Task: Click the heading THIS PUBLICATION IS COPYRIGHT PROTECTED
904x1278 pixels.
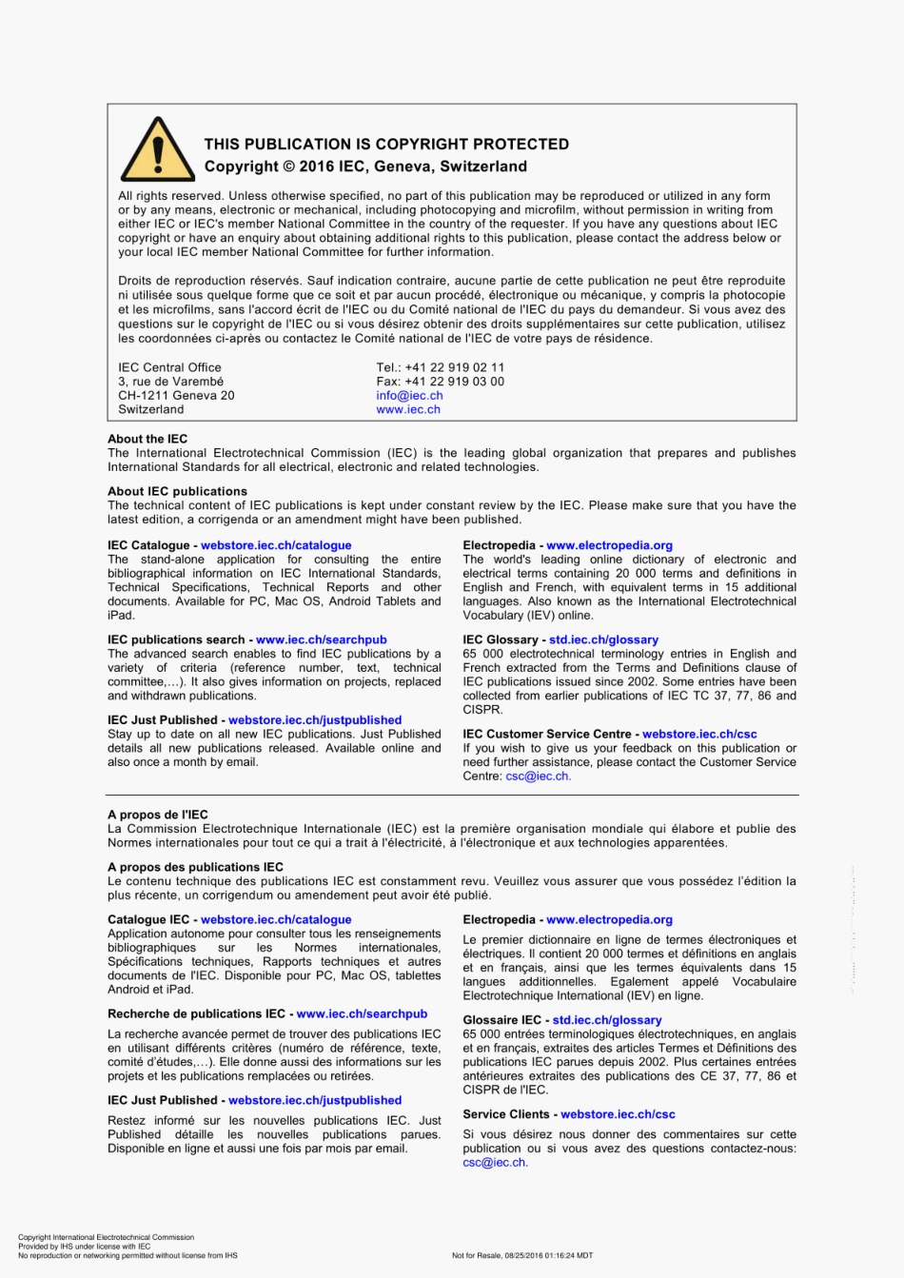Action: (386, 145)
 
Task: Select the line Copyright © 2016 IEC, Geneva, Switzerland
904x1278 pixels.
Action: (365, 167)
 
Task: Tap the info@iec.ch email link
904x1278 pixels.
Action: (409, 396)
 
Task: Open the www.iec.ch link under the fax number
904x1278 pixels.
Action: (408, 410)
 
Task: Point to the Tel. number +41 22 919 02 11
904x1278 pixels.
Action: (441, 367)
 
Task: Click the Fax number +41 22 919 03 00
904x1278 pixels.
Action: (441, 382)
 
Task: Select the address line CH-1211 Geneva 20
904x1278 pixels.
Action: (176, 396)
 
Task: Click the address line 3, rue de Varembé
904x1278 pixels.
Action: (170, 382)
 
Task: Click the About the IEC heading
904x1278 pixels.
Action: (147, 440)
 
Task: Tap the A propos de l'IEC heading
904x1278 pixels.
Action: (158, 816)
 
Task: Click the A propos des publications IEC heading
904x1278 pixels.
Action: (195, 868)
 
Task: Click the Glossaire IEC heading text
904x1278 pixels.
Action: (501, 1020)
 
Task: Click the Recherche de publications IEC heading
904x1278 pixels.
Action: (197, 1014)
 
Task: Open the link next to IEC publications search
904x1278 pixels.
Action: (321, 640)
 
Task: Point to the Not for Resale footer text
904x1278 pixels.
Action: (522, 1255)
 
